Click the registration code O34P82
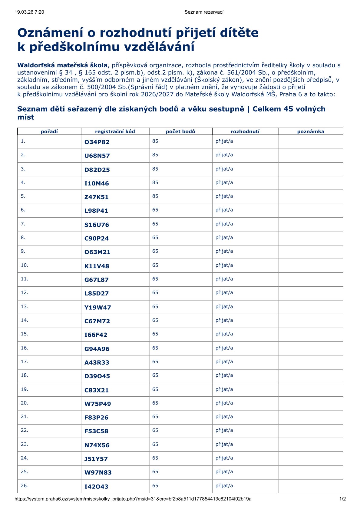(x=97, y=142)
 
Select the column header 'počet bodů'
(x=180, y=132)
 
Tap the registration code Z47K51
(x=96, y=197)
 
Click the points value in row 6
(x=155, y=210)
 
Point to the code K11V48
(x=97, y=266)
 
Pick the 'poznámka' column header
(x=311, y=132)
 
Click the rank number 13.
(x=24, y=307)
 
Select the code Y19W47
(x=97, y=308)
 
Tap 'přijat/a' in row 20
(x=224, y=403)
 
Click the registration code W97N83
(x=98, y=472)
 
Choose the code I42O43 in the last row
(x=96, y=487)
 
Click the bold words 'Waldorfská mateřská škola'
(x=62, y=65)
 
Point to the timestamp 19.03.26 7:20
(x=29, y=12)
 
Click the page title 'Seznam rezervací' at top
(x=204, y=12)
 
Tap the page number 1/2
(x=342, y=499)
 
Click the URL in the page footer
(x=133, y=499)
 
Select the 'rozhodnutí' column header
(x=245, y=132)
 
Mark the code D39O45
(x=97, y=376)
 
